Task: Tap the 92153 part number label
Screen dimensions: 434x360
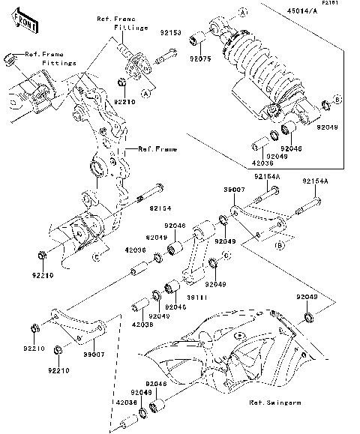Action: point(170,33)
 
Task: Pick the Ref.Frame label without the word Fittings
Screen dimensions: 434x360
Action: point(157,150)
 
